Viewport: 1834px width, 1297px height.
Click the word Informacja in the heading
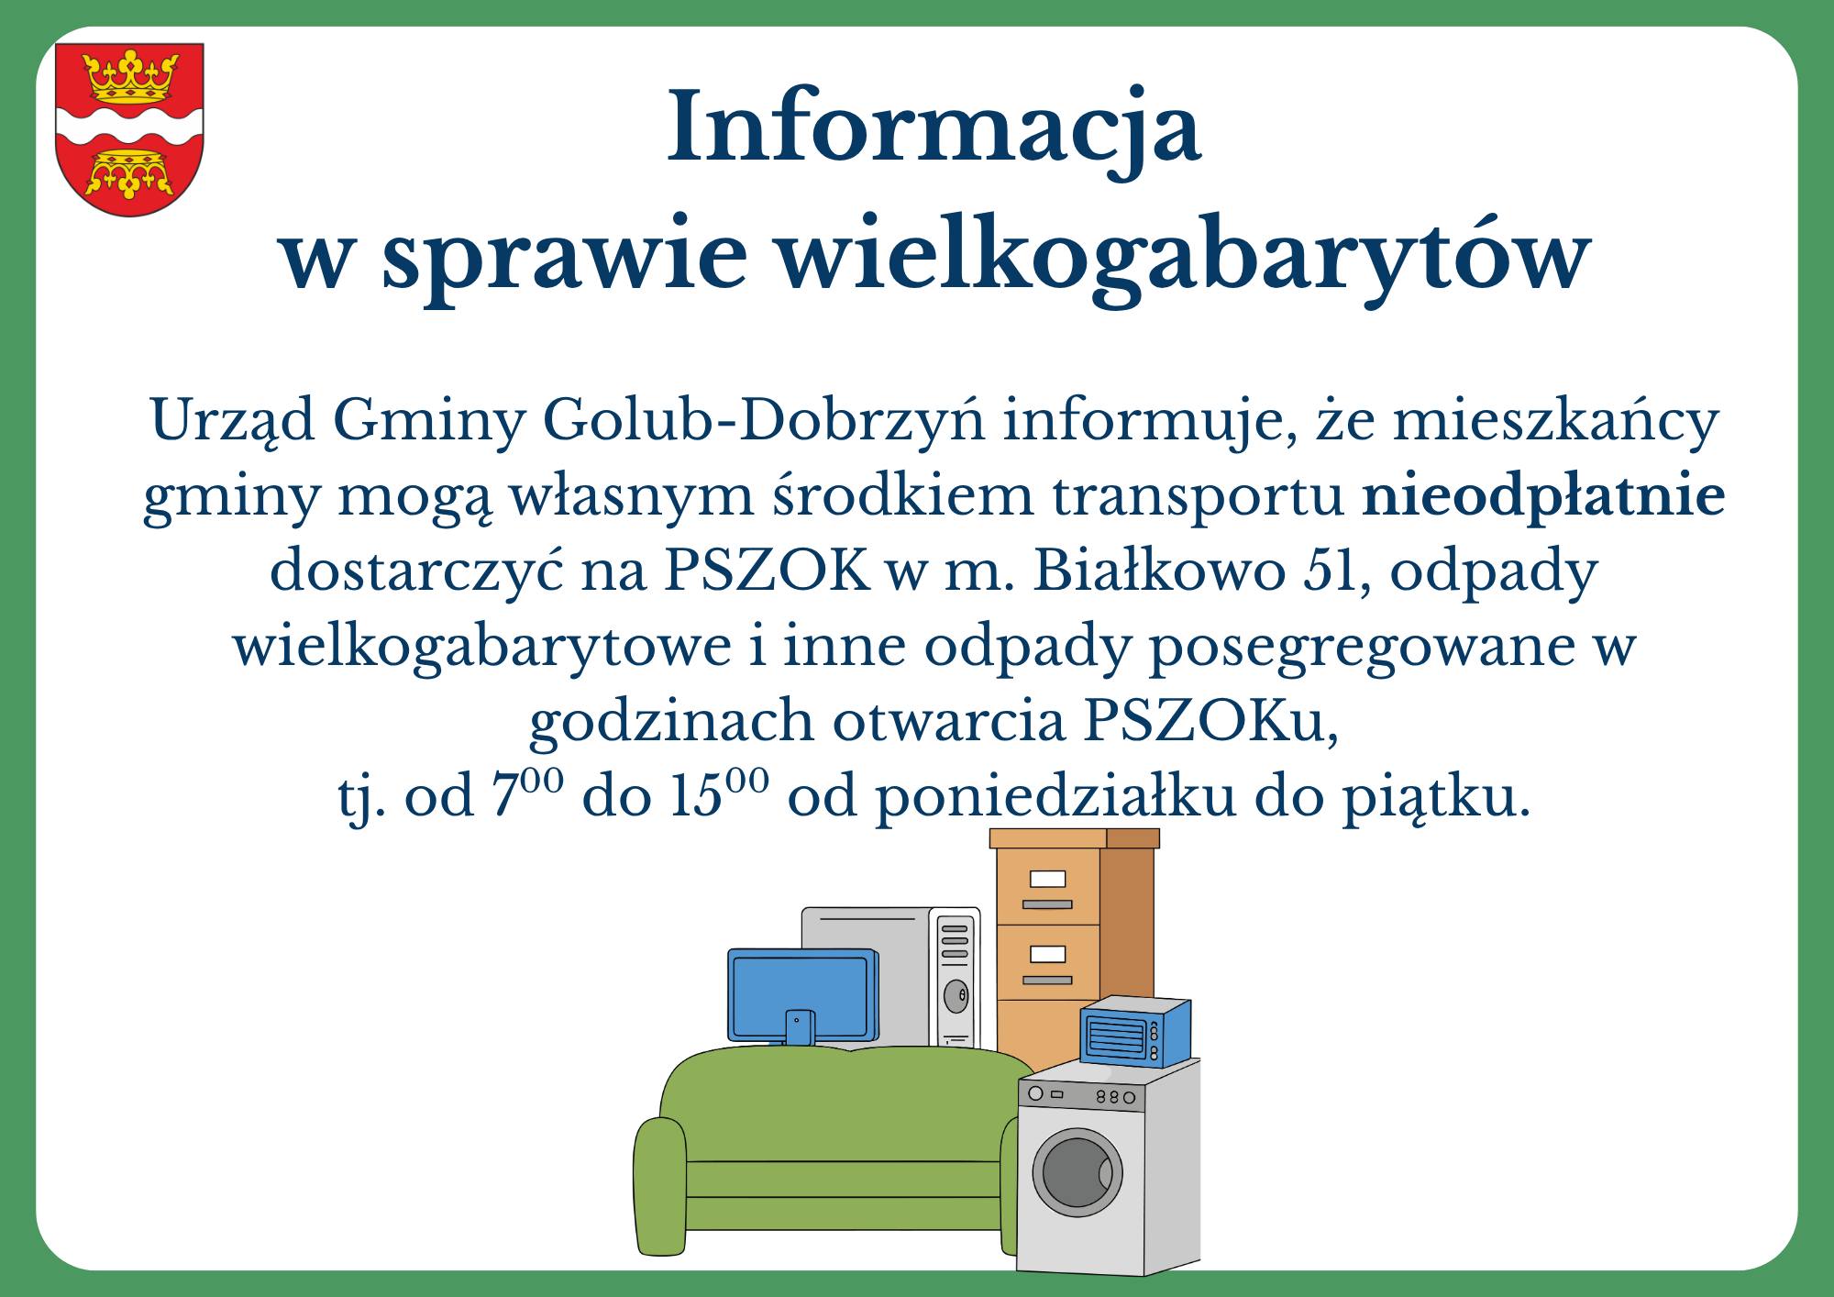click(934, 128)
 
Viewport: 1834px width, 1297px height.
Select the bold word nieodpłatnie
click(1543, 496)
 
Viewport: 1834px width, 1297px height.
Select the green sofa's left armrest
click(659, 1183)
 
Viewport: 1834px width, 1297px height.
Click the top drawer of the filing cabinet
click(1047, 885)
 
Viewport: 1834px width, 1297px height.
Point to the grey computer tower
click(954, 977)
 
